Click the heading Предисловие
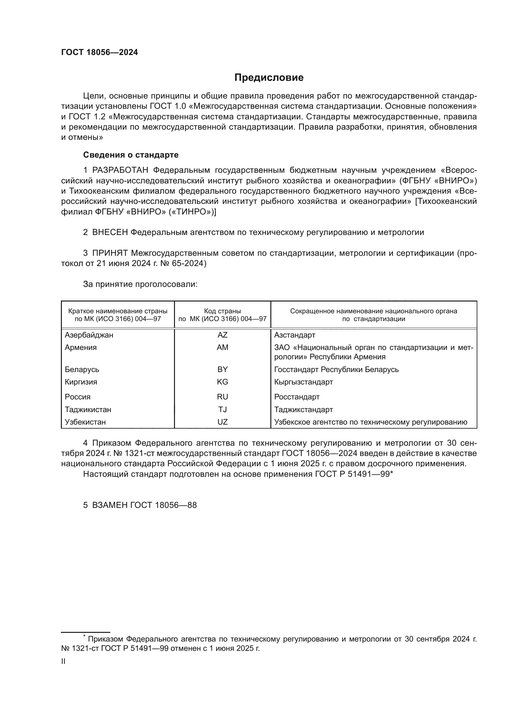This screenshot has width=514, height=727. (x=269, y=78)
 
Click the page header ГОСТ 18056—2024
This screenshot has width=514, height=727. (x=99, y=53)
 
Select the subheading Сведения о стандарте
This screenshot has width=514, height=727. (x=131, y=155)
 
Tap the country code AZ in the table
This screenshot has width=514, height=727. (x=223, y=335)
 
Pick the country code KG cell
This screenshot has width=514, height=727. (x=223, y=382)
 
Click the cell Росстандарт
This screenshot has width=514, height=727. (x=296, y=397)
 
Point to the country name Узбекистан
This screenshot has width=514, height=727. (x=85, y=422)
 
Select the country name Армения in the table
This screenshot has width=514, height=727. (x=81, y=347)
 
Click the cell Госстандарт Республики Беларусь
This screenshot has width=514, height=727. (x=336, y=370)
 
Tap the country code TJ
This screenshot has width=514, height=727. (x=223, y=410)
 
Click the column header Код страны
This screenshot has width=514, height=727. (x=223, y=311)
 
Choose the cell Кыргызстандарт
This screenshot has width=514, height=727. (x=303, y=382)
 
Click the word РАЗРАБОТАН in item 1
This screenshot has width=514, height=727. (x=120, y=170)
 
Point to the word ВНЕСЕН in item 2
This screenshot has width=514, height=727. (x=110, y=232)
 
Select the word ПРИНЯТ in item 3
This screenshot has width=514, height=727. (x=110, y=253)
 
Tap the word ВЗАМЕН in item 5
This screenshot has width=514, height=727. (x=110, y=505)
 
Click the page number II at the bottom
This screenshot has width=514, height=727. (x=63, y=661)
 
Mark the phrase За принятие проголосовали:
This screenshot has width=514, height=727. (x=140, y=284)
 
